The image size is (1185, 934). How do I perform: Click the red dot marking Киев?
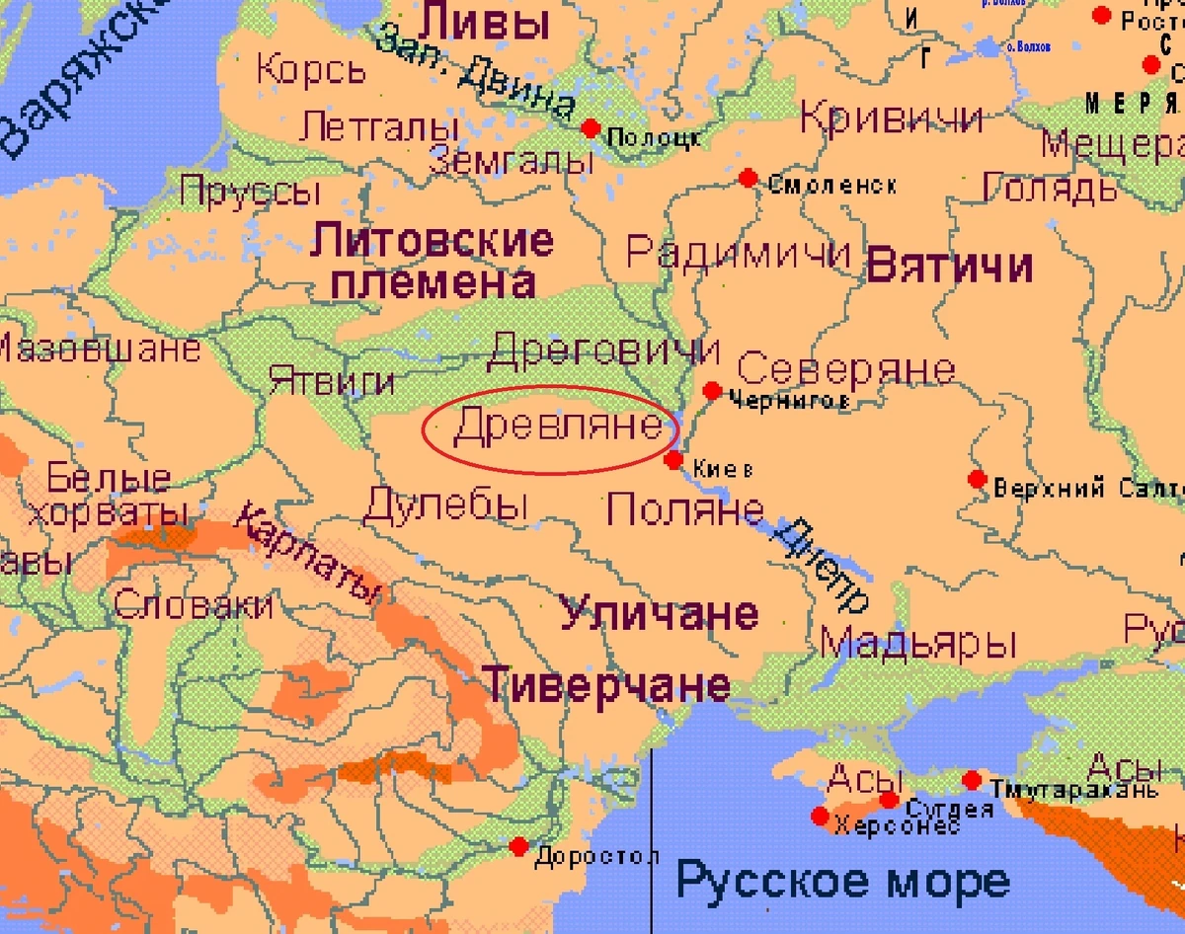point(673,460)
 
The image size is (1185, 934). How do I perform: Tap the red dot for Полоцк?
point(591,128)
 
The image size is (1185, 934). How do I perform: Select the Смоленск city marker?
point(748,178)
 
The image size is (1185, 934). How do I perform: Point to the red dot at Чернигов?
point(711,391)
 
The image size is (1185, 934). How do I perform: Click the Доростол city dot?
point(519,846)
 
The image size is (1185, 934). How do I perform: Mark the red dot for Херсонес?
point(820,817)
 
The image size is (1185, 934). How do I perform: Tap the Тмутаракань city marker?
point(972,780)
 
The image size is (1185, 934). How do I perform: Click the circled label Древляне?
point(557,427)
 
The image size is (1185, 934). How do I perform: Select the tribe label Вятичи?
point(949,267)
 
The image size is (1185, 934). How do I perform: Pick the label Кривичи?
point(892,117)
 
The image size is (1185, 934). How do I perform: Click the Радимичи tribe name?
point(738,253)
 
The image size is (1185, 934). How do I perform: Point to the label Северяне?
point(846,369)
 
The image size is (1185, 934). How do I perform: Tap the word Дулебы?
point(444,506)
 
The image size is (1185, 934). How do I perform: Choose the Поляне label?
point(684,509)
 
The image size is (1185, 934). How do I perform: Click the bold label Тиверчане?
point(606,683)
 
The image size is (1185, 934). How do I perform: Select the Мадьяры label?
point(918,644)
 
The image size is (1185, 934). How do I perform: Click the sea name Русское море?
point(842,881)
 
